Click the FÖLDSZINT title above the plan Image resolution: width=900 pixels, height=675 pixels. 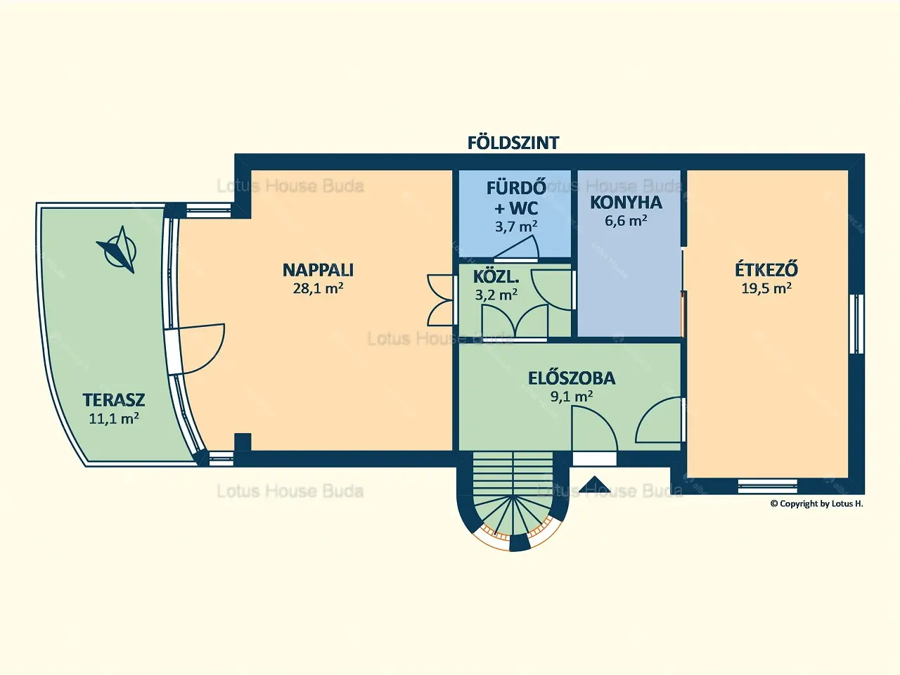513,142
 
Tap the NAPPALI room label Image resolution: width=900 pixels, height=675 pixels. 319,270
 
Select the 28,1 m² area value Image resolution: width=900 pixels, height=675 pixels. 319,288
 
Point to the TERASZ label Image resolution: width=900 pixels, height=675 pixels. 114,399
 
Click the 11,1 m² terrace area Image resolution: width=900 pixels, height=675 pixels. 114,418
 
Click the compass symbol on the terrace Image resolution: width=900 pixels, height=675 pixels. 118,250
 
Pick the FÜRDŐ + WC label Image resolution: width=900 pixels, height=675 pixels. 516,198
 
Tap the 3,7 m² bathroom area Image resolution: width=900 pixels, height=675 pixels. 516,226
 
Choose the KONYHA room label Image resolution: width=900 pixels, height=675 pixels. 626,203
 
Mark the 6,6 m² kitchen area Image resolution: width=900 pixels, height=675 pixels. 626,221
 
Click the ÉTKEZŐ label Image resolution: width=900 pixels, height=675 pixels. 766,269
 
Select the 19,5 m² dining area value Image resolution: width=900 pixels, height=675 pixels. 766,288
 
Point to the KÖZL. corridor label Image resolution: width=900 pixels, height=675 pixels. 496,277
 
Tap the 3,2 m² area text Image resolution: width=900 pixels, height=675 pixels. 496,295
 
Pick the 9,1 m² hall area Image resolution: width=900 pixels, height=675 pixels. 572,397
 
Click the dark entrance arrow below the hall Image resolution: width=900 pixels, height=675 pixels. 595,484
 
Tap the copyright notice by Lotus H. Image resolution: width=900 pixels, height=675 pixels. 817,503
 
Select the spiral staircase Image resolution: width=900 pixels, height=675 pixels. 513,500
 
